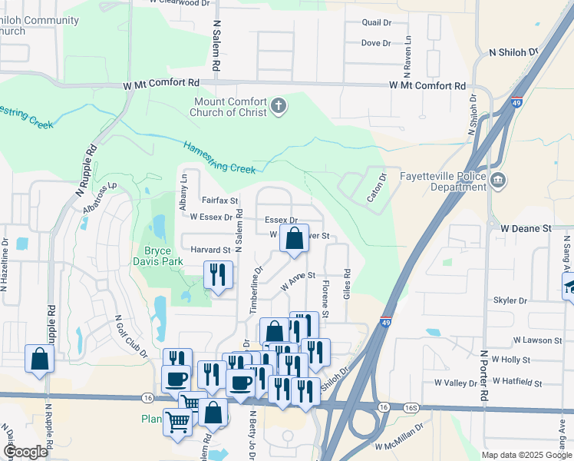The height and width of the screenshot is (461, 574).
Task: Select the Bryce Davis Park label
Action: coord(173,256)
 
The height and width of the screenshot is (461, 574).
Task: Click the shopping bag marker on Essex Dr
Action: coord(294,240)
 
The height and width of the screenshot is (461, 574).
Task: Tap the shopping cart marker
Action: coord(178,422)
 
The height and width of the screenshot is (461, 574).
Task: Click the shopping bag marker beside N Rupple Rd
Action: coord(39,358)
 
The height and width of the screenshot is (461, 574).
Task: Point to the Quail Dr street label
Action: coord(377,23)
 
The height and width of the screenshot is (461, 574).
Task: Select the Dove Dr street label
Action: coord(376,43)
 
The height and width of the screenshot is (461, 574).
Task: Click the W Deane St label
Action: coord(526,228)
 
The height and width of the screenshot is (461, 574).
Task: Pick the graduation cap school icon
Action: coord(569,287)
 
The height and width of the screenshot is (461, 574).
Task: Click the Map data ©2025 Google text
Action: coord(526,455)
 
